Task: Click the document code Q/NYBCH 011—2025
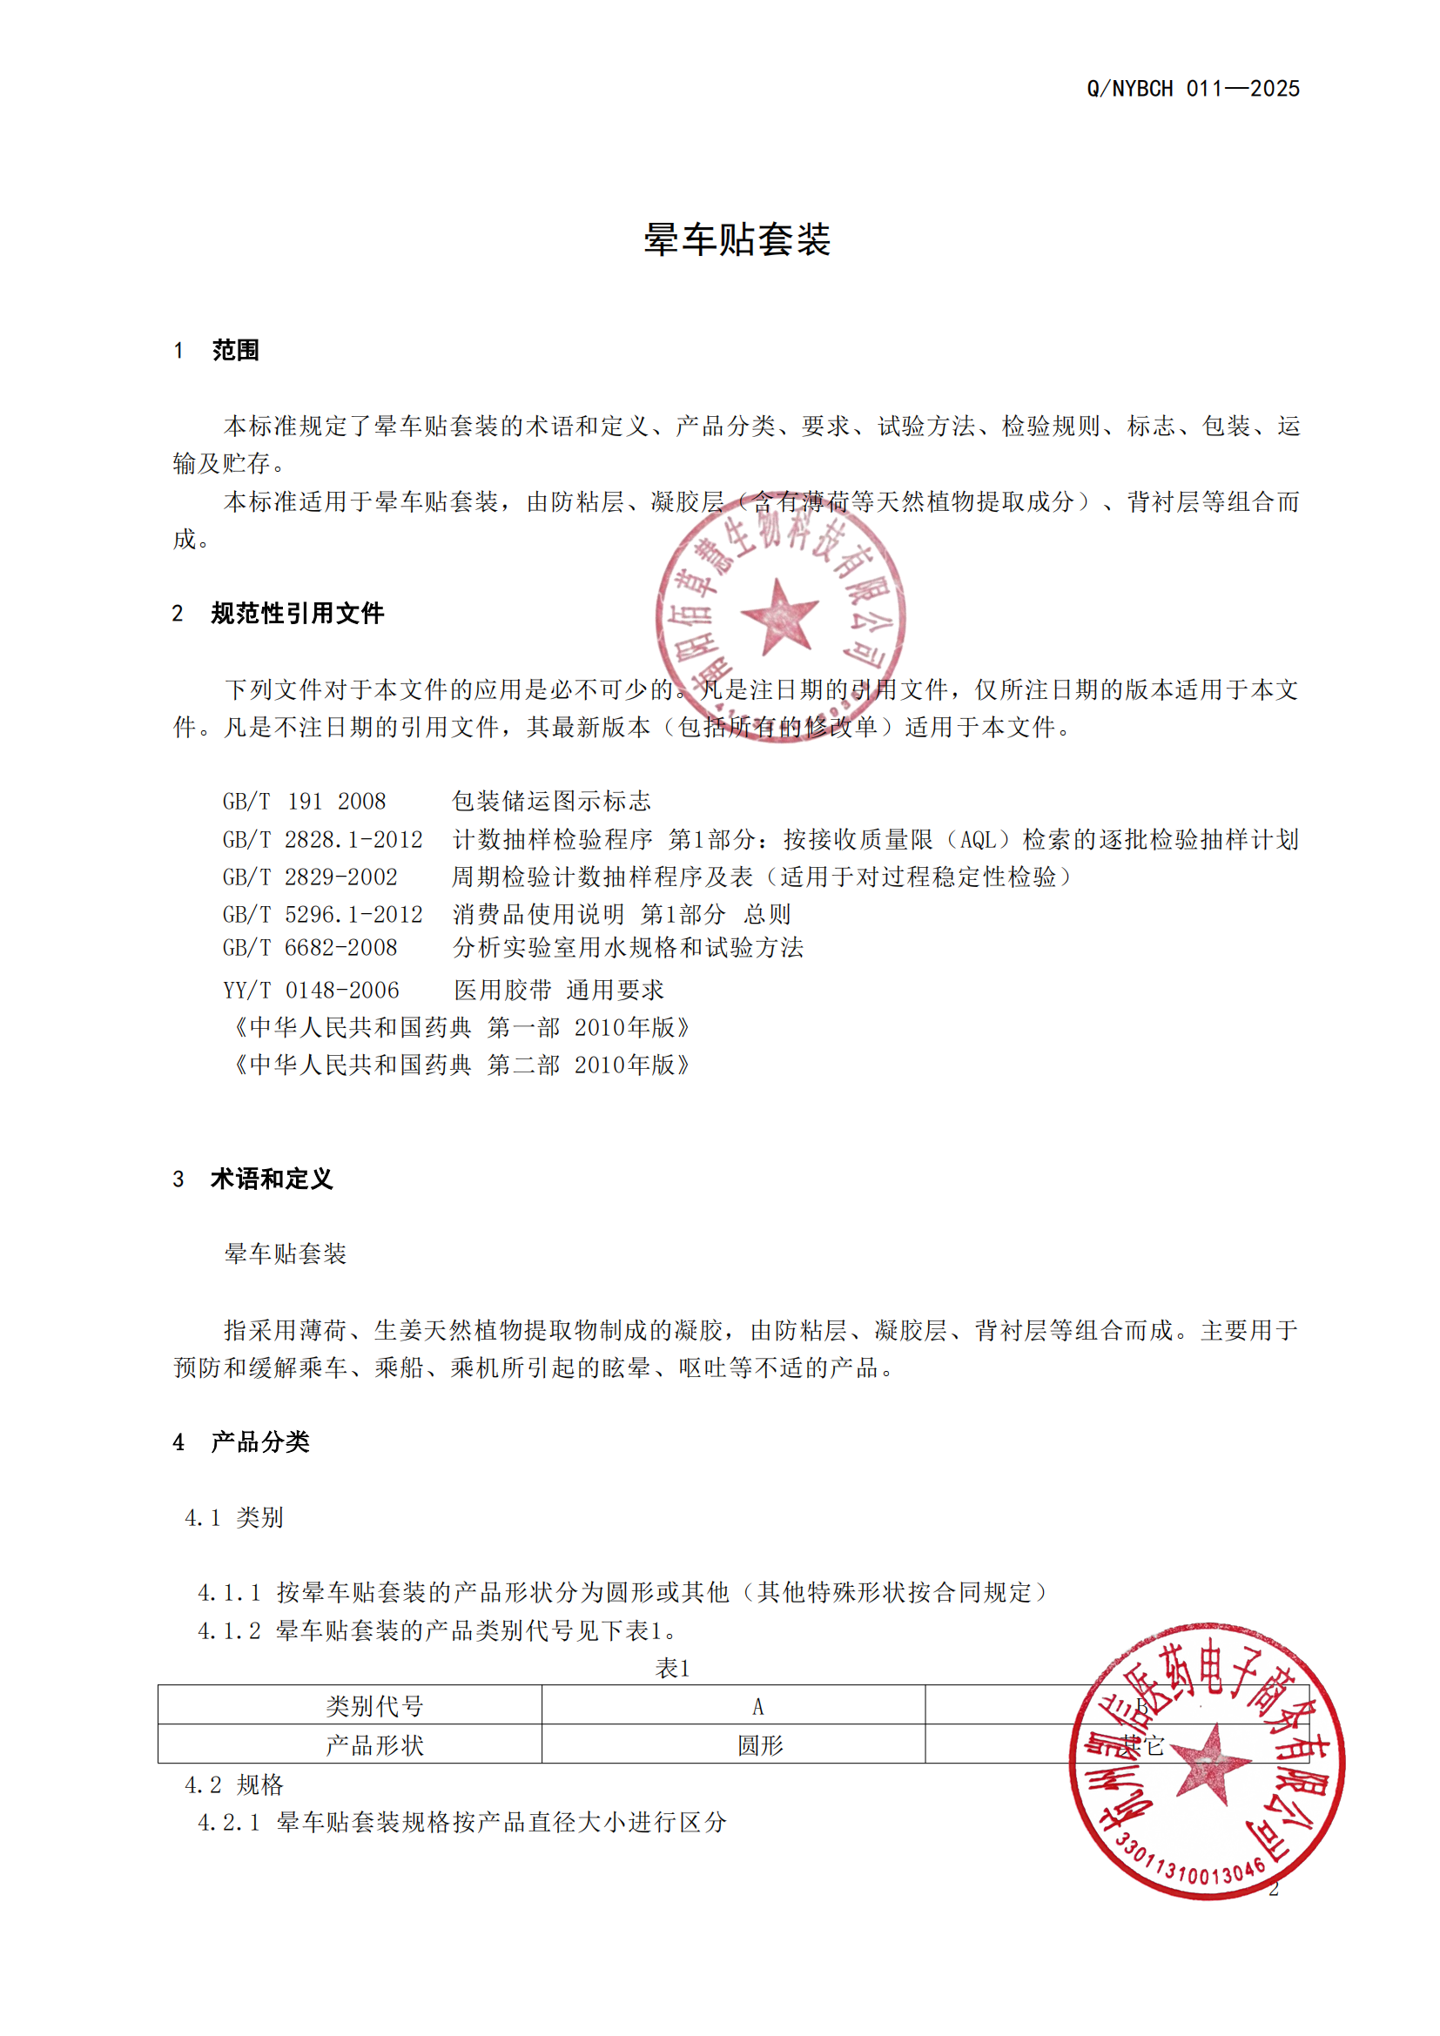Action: (1193, 89)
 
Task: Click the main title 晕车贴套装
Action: (737, 239)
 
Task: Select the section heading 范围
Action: (235, 350)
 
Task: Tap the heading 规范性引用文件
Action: (297, 613)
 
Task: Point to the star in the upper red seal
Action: (779, 615)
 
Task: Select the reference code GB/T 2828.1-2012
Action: (323, 839)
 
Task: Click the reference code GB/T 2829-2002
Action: (310, 877)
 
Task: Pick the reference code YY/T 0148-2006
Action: (311, 990)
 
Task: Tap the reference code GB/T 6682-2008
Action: (310, 948)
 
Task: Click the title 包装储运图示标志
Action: (551, 802)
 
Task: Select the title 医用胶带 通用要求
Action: (559, 990)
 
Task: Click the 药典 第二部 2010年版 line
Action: (461, 1064)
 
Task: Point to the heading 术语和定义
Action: (272, 1179)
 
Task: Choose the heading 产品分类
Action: (259, 1441)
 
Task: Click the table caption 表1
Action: (672, 1668)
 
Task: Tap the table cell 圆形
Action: (760, 1745)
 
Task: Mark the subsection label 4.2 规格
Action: (234, 1784)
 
